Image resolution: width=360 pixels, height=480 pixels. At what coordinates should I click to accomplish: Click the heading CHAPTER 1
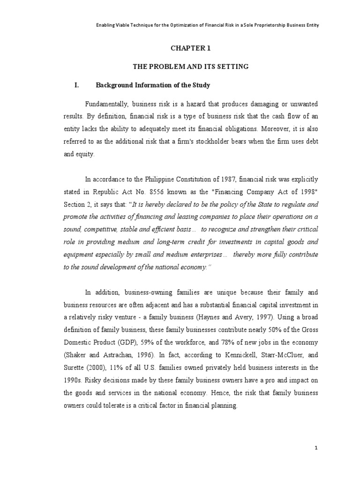(191, 47)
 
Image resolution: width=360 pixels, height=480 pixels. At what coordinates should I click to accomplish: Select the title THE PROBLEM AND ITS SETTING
(191, 67)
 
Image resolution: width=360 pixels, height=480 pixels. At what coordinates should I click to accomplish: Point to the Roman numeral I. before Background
(76, 85)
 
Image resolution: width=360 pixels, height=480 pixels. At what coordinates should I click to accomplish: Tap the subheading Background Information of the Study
(153, 85)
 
